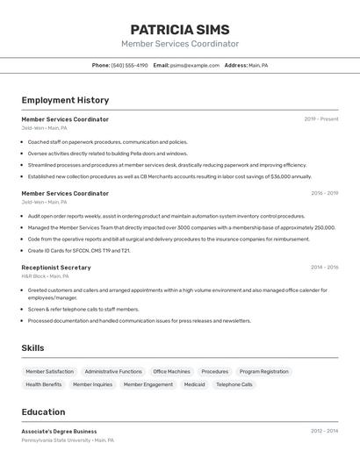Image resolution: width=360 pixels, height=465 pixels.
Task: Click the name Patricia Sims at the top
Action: [x=180, y=29]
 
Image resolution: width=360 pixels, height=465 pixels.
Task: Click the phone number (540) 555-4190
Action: [x=129, y=65]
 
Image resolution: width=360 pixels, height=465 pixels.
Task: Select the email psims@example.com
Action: [x=195, y=65]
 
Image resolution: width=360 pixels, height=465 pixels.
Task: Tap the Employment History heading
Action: [x=65, y=100]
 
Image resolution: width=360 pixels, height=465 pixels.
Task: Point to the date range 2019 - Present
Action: [x=321, y=119]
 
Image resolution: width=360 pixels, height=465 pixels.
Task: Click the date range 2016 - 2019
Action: [x=324, y=193]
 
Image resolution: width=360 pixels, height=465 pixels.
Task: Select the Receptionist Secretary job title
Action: [x=56, y=268]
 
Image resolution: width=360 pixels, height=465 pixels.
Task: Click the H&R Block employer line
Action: [x=45, y=276]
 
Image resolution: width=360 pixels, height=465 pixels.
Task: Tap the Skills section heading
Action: [x=32, y=348]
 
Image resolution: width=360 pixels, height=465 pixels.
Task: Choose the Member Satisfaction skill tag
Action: [x=50, y=371]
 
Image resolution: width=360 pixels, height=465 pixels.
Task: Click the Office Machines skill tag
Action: [x=171, y=371]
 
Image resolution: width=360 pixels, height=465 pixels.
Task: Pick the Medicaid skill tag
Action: [x=194, y=384]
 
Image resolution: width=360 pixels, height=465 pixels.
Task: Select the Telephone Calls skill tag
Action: [x=234, y=384]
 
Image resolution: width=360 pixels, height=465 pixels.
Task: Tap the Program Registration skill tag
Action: [x=263, y=371]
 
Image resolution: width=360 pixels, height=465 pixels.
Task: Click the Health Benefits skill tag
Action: [x=44, y=384]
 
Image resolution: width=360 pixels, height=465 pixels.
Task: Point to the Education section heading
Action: [x=43, y=412]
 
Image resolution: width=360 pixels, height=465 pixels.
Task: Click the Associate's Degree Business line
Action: [x=59, y=432]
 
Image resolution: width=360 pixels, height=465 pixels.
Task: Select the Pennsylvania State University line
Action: [x=68, y=440]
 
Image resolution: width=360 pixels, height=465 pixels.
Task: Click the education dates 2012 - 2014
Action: [x=324, y=432]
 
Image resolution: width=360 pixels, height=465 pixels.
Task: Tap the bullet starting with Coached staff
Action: [x=107, y=142]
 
